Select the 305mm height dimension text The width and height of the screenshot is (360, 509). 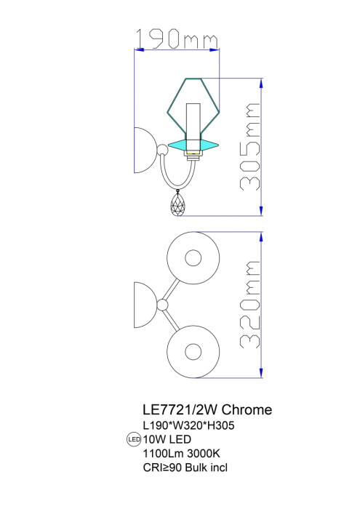tap(249, 145)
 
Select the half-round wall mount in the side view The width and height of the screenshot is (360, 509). tap(143, 151)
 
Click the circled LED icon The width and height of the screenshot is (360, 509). tap(133, 440)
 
